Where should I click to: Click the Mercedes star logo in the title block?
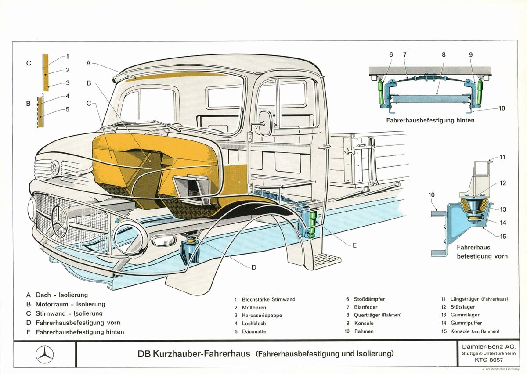click(44, 354)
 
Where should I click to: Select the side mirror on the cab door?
click(265, 122)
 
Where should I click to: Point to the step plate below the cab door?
click(328, 260)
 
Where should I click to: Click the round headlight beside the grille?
click(131, 239)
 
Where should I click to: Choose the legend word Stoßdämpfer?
click(369, 299)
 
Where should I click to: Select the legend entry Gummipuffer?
click(466, 323)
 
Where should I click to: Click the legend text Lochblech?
click(253, 324)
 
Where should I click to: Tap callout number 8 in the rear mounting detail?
click(444, 54)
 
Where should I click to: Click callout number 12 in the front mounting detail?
click(503, 183)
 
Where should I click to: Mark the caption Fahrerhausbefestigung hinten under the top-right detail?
click(430, 120)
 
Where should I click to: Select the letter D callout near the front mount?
click(253, 267)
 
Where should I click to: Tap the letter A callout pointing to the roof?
click(89, 63)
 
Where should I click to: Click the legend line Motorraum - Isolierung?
click(70, 304)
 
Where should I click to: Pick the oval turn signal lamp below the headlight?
click(164, 241)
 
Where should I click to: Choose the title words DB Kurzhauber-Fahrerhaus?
click(194, 353)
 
